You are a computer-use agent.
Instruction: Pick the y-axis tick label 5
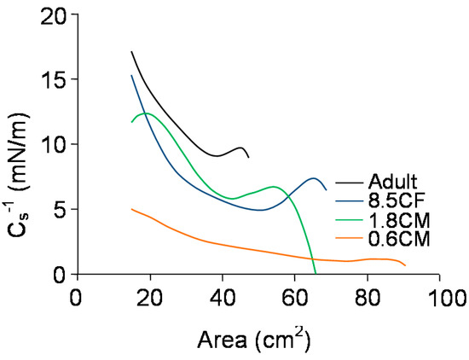coord(61,210)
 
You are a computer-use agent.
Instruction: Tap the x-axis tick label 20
coord(149,298)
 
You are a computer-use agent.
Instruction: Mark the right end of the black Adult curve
coord(248,157)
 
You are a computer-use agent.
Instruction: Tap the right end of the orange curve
coord(404,265)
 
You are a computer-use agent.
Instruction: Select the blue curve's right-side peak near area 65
coord(314,178)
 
